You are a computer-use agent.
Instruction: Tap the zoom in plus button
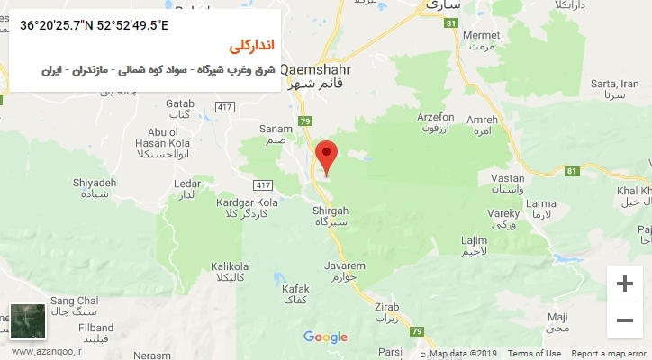[624, 284]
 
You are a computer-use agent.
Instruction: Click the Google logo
[325, 337]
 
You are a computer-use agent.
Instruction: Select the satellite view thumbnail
[28, 321]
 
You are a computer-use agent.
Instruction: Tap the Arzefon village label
[436, 117]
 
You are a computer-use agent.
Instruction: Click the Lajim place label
[475, 240]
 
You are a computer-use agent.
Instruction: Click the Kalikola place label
[229, 266]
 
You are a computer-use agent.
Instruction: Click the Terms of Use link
[534, 354]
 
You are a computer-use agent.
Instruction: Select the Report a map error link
[611, 354]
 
